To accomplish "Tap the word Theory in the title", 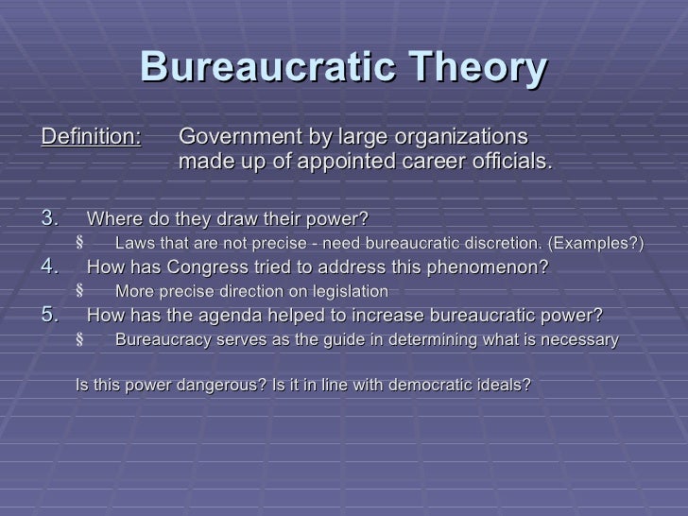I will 483,67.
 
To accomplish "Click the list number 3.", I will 51,220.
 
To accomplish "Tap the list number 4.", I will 51,267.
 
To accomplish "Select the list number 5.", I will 51,314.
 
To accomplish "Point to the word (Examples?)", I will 598,245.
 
